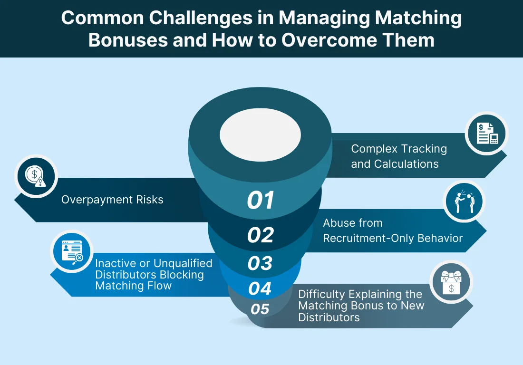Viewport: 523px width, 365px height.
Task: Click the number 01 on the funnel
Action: [261, 200]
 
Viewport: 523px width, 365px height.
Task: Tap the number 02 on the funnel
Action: [261, 235]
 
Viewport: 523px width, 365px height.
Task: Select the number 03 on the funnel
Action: [260, 263]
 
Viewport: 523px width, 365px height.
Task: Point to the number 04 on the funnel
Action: [260, 288]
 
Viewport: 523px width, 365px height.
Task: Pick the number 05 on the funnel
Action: [260, 309]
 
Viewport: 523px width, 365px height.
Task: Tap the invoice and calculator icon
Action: [486, 134]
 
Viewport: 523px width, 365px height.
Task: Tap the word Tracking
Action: [423, 149]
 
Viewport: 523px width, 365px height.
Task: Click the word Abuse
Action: [338, 222]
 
